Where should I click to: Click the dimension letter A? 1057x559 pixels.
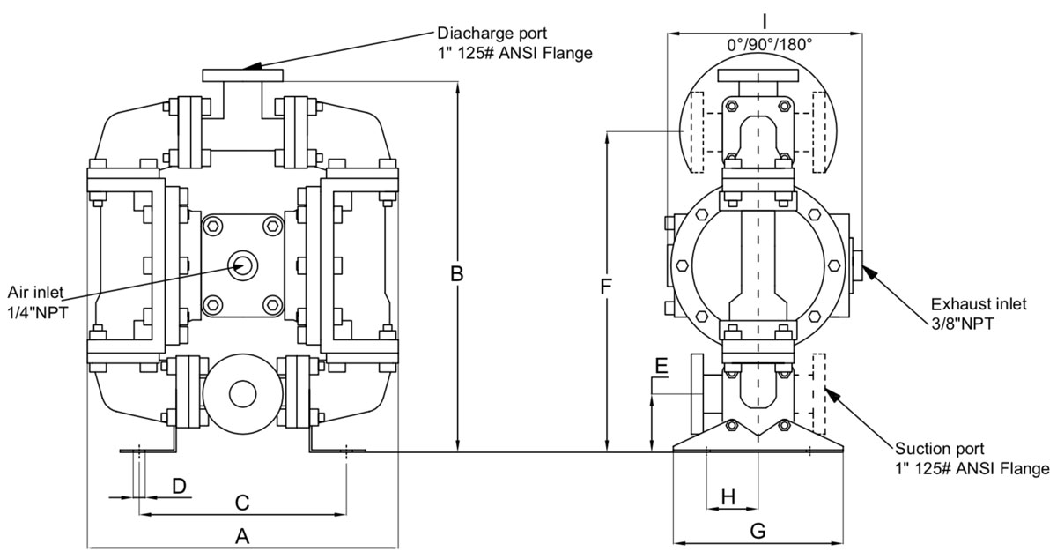tap(243, 534)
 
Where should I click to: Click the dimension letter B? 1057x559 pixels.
tap(457, 274)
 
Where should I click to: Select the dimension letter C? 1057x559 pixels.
tap(243, 503)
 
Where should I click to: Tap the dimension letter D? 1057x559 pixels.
tap(179, 486)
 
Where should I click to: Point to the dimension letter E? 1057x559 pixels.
tap(662, 365)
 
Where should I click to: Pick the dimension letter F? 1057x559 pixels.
tap(606, 287)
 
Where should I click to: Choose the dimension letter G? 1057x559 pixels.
tap(758, 531)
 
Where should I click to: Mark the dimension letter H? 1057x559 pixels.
tap(728, 497)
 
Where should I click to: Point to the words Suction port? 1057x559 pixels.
tap(939, 449)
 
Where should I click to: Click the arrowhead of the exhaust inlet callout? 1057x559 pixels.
tap(865, 271)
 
